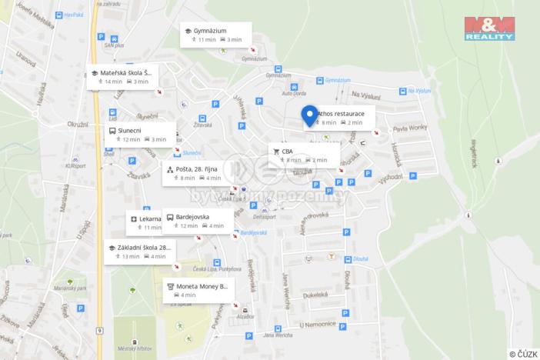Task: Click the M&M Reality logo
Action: pos(488,28)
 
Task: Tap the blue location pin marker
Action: pos(309,115)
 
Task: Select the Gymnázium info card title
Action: pos(210,30)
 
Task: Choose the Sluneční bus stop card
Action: pos(139,134)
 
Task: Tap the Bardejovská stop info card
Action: pos(197,221)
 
